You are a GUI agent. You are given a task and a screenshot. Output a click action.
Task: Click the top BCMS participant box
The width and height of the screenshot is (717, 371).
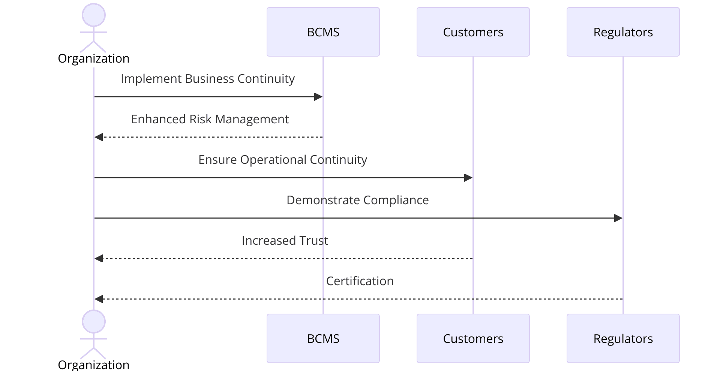(323, 32)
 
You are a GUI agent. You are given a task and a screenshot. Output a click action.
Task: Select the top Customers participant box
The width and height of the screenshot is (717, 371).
(473, 32)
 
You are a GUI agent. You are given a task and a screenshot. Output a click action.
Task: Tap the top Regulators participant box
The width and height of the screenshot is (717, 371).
(623, 32)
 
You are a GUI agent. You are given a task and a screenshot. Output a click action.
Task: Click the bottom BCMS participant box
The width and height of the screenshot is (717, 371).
(323, 338)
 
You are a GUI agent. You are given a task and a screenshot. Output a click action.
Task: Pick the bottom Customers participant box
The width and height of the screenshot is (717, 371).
(473, 338)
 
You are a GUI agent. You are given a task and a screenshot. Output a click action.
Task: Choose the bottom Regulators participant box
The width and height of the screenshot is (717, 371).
(623, 338)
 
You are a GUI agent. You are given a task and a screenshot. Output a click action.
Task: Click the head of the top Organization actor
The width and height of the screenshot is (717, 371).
(94, 15)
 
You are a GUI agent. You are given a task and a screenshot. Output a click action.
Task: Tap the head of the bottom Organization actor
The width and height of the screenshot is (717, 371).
(94, 322)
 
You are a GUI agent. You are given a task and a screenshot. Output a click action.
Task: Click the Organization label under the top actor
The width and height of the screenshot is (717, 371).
(94, 58)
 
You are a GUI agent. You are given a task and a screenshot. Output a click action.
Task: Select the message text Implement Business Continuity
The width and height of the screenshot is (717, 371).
(207, 79)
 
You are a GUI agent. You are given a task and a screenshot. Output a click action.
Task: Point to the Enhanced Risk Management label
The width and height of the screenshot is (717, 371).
(210, 119)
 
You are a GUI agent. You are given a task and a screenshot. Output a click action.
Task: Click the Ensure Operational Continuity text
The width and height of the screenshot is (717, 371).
(282, 160)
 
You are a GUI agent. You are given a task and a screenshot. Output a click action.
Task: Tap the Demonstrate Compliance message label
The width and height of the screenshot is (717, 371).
(357, 200)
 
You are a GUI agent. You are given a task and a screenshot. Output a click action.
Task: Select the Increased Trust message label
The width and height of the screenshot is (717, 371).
(285, 241)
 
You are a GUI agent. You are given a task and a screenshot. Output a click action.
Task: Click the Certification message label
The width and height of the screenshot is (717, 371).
(360, 281)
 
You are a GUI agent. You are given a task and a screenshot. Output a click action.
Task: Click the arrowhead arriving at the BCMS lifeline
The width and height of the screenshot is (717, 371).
(318, 97)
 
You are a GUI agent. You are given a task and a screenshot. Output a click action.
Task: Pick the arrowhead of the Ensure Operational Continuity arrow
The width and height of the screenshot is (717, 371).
(468, 178)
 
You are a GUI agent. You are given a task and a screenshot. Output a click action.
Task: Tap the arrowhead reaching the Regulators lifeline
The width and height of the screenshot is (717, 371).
(618, 218)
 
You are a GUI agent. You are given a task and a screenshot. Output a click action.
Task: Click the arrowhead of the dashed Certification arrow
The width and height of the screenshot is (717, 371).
(99, 299)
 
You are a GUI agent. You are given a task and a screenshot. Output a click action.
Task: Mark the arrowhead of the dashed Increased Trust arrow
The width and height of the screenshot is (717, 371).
(99, 259)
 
